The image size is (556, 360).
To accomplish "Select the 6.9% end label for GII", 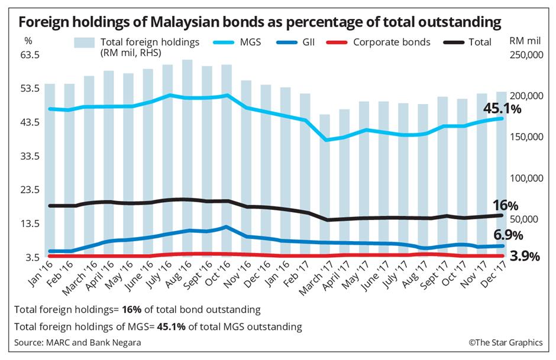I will pos(509,235).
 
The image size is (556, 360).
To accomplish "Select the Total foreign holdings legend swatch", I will pos(85,43).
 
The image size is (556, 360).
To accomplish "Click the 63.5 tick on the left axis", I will pos(29,55).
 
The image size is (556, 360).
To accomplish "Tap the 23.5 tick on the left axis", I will pos(29,190).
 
